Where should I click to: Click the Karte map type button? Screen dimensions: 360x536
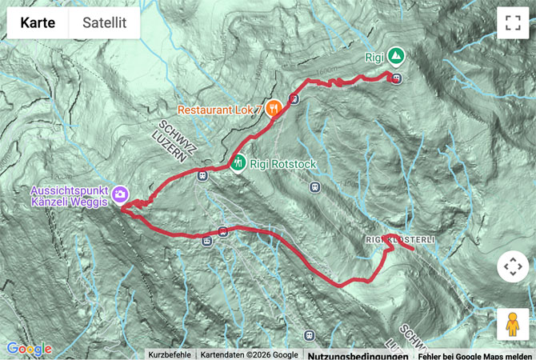(x=38, y=23)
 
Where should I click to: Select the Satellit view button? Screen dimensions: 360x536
(x=104, y=23)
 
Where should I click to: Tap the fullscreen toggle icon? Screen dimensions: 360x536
(x=512, y=23)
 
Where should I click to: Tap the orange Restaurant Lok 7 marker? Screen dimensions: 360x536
(x=274, y=108)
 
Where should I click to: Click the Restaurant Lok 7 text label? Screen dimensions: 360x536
(x=220, y=109)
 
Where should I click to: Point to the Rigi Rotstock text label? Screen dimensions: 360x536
(x=283, y=165)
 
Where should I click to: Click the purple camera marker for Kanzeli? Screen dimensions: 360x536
(x=120, y=194)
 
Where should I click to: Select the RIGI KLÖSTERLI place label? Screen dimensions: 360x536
(x=399, y=240)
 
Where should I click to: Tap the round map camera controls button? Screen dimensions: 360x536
(x=512, y=266)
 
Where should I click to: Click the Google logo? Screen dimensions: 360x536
(x=29, y=349)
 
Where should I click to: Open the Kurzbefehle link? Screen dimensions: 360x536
(x=169, y=354)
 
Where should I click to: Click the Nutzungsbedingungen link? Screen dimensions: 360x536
(x=357, y=354)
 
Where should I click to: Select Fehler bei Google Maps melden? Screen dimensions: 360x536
(x=474, y=354)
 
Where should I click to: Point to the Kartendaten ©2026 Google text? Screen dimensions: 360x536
(x=248, y=354)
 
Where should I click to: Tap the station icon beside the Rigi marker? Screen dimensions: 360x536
(x=397, y=78)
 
